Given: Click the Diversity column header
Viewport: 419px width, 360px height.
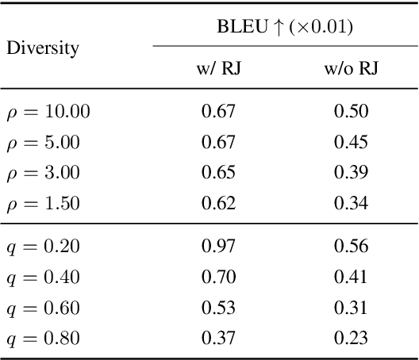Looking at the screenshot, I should pyautogui.click(x=44, y=48).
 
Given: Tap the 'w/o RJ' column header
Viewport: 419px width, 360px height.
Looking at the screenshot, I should pyautogui.click(x=351, y=69).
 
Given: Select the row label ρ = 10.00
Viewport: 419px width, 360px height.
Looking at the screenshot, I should pyautogui.click(x=48, y=112).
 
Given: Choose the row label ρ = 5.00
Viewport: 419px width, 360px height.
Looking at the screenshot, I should pyautogui.click(x=44, y=143).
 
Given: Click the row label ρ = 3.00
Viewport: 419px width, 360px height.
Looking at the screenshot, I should pyautogui.click(x=44, y=173).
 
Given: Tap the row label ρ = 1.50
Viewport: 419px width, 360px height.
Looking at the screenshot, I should pyautogui.click(x=44, y=204).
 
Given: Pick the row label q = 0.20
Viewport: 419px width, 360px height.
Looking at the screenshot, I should pyautogui.click(x=44, y=247).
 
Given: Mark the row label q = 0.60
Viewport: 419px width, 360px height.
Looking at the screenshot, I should pyautogui.click(x=44, y=308).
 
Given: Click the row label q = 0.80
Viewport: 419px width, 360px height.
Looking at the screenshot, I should pyautogui.click(x=44, y=339).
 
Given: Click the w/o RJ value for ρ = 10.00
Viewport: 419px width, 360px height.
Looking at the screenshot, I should pyautogui.click(x=351, y=112).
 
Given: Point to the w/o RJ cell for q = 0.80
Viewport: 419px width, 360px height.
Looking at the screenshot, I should pyautogui.click(x=351, y=339).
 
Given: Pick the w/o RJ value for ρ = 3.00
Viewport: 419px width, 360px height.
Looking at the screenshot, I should pyautogui.click(x=351, y=173).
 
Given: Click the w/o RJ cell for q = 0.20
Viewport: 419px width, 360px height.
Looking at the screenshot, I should pyautogui.click(x=351, y=247).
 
